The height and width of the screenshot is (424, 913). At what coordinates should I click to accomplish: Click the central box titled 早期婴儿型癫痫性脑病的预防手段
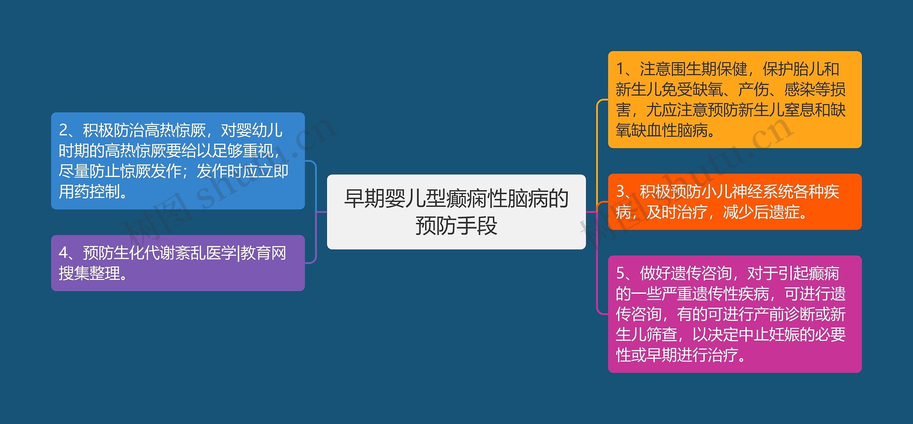456,212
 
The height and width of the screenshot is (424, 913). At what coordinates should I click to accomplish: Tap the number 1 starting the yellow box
620,69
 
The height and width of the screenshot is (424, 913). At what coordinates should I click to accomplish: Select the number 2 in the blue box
63,130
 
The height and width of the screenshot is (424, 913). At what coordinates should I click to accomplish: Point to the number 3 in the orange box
620,191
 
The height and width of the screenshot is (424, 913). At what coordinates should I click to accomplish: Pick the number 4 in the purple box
63,253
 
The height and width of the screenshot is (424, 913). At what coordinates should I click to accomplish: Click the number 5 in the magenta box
620,273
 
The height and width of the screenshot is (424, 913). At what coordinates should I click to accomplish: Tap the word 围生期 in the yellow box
693,69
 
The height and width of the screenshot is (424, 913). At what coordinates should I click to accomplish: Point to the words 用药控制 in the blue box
89,191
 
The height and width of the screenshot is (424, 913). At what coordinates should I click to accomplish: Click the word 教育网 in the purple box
264,253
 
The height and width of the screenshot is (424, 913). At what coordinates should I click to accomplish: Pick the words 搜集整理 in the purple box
89,273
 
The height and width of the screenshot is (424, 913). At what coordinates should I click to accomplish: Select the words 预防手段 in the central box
456,226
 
